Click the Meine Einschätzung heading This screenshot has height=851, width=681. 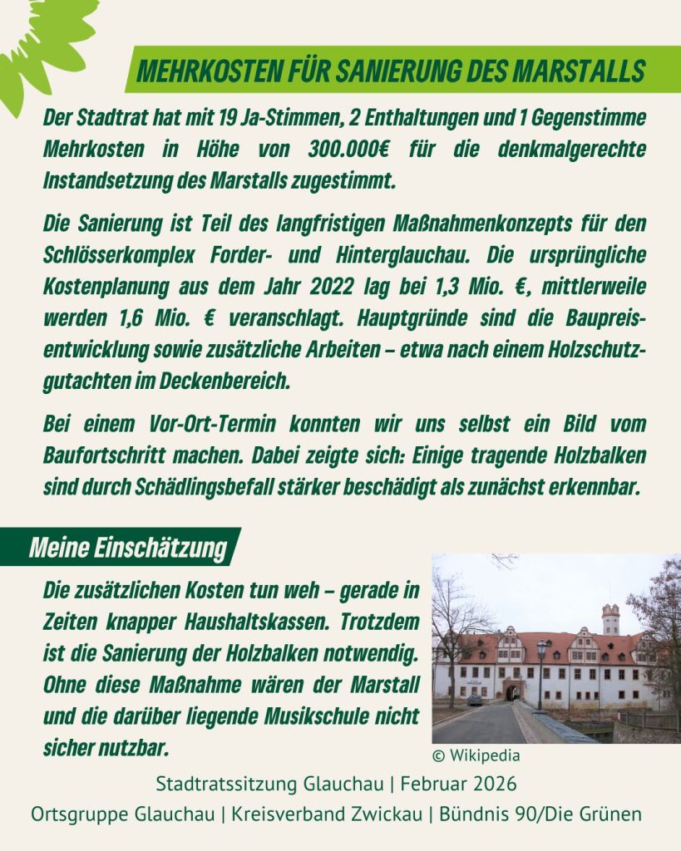coord(128,548)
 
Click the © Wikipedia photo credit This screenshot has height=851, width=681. coord(476,755)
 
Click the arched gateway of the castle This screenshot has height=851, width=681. coord(513,691)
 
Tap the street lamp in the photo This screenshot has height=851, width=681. coord(541,665)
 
